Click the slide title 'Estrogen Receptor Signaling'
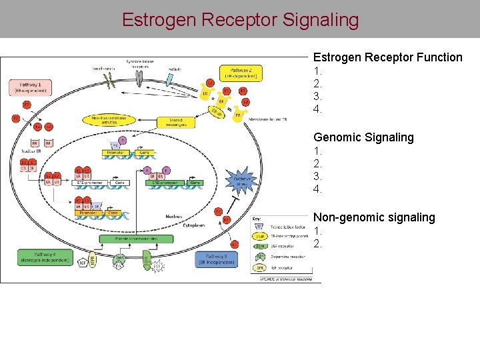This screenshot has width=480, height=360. coord(240,19)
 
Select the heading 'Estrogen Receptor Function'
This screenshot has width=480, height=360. coord(387,57)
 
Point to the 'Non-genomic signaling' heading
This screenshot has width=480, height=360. coord(374,217)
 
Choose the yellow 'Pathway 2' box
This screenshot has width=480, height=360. coord(240,72)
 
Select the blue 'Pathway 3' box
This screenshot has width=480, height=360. coord(215,259)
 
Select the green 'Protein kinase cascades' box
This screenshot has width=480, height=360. coord(137,239)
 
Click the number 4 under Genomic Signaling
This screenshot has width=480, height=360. coord(317,189)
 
